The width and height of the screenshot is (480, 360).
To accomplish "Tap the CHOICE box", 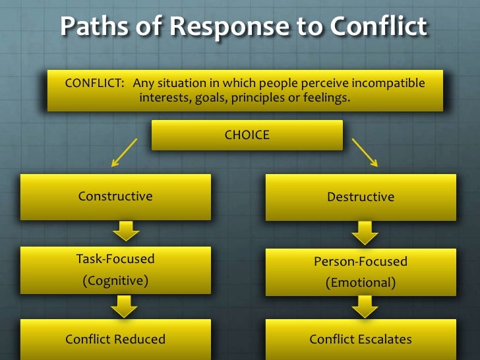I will tap(247, 135).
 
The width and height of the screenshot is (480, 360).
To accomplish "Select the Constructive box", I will tap(115, 196).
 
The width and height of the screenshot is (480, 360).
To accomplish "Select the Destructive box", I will tap(361, 197).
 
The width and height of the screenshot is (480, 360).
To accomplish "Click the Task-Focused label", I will tap(115, 259).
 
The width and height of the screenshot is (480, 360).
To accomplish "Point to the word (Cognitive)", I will tap(115, 280).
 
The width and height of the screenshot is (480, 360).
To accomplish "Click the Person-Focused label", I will tap(361, 261).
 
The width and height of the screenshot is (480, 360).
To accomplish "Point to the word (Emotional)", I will tap(361, 283).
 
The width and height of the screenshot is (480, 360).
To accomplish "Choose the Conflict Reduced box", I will tap(115, 340).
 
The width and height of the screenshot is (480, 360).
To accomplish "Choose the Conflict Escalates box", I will tap(361, 340).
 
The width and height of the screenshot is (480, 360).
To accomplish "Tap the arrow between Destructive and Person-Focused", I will tap(364, 233).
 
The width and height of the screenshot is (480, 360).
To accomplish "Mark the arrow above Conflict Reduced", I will tap(125, 306).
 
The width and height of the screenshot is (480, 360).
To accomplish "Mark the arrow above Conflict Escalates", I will tap(364, 307).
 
